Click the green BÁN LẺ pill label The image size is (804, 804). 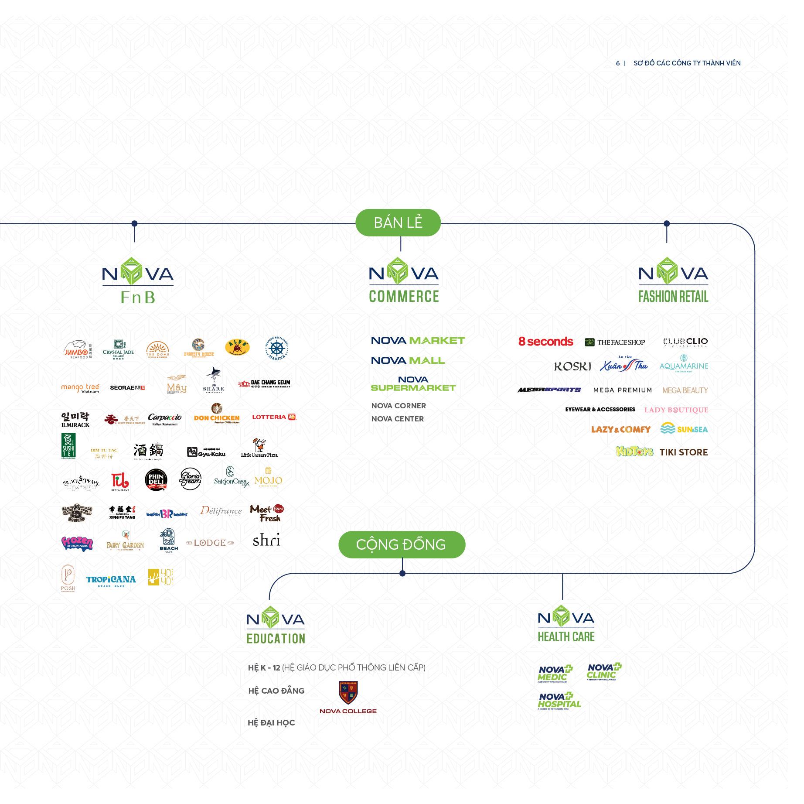coord(398,223)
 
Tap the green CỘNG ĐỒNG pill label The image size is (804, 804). coord(401,544)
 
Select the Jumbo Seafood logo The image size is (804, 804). coord(78,349)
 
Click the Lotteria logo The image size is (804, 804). coord(274,417)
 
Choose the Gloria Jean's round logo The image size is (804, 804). coord(190,479)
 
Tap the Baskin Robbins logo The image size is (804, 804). coord(167,514)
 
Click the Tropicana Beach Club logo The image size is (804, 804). coord(111,580)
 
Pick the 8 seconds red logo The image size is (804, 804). coord(545,342)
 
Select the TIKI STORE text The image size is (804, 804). coord(683,452)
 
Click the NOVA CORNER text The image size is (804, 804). coord(399,406)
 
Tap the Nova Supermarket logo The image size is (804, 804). coord(413,384)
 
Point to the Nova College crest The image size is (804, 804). coord(348,693)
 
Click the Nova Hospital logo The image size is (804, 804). coord(559,701)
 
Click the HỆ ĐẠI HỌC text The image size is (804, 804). coord(271,723)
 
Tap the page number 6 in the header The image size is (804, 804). coord(617,63)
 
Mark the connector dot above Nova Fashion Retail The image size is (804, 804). coord(666,224)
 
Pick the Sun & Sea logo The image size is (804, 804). coord(684,429)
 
